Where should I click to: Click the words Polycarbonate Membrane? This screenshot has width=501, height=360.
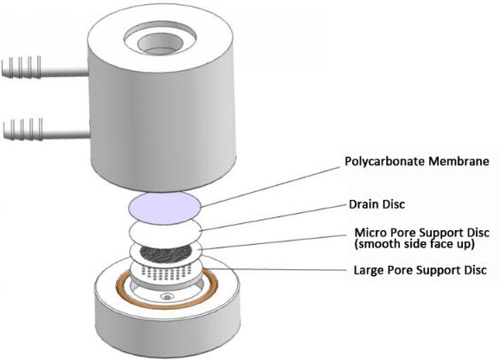pos(417,161)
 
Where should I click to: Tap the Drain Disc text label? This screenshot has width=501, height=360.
pos(376,204)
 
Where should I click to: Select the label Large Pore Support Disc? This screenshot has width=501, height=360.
pos(420,270)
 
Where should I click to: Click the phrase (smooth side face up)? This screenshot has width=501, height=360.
pos(414,244)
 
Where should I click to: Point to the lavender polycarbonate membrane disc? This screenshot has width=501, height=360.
pos(164,208)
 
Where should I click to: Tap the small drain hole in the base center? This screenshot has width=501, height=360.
pos(167,297)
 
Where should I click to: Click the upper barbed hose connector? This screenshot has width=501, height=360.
pos(44,68)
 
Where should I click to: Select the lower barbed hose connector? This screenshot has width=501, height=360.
pos(46,130)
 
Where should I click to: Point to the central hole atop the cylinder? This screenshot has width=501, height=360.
pos(160,45)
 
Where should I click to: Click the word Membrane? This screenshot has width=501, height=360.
pos(459,161)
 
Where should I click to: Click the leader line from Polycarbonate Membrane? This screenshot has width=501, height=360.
pos(270,187)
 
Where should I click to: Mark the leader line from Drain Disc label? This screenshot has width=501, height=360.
pos(274,218)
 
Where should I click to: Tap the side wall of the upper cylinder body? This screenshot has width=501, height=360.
pos(163,128)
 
